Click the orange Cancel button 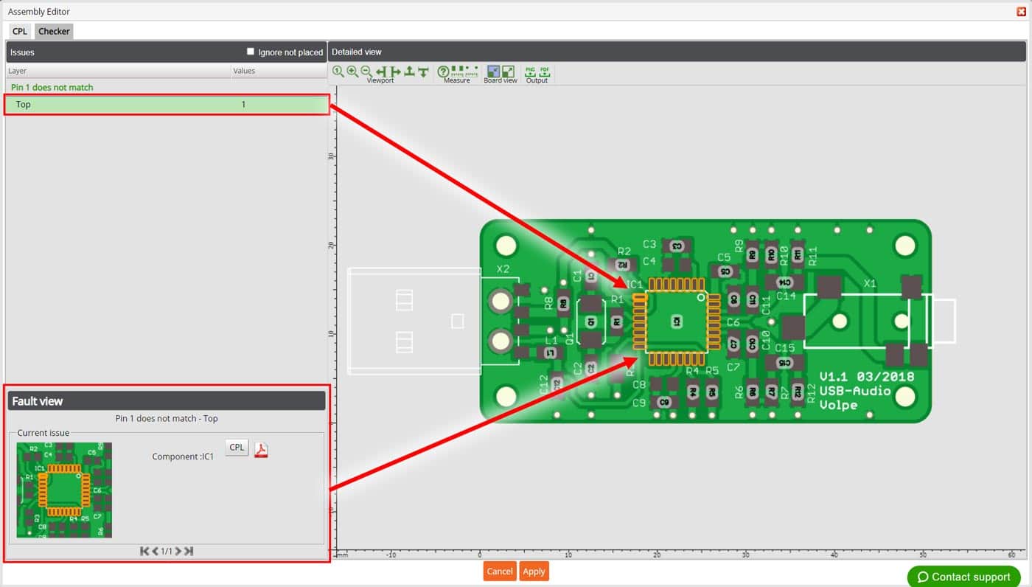point(499,572)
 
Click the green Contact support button point(963,577)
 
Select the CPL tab point(19,31)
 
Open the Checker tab point(54,31)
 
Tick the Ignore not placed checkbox point(251,52)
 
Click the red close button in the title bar point(1021,11)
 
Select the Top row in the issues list point(167,105)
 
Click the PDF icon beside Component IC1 point(261,450)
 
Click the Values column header point(244,71)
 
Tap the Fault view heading point(38,401)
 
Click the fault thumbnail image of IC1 point(64,490)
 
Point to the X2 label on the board point(503,269)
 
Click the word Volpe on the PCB point(838,405)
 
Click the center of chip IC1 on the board point(676,322)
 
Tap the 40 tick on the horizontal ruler point(834,555)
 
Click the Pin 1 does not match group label point(52,87)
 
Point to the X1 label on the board point(870,283)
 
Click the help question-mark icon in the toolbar point(443,72)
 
